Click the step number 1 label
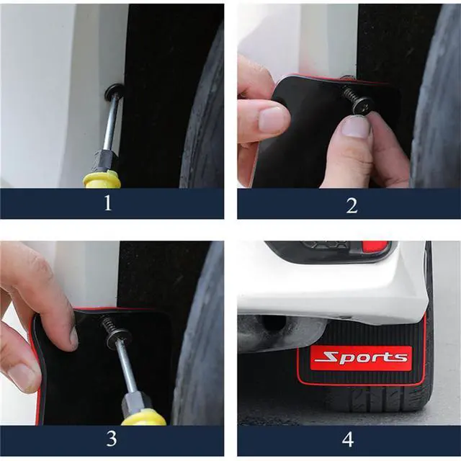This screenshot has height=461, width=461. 108,203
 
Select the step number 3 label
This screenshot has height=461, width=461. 112,439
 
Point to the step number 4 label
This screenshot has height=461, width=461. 348,439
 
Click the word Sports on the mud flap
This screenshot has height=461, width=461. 361,357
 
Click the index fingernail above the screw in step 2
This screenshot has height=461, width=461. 357,127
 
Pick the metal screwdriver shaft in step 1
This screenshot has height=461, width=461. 112,122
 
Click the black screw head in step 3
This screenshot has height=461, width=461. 118,337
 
